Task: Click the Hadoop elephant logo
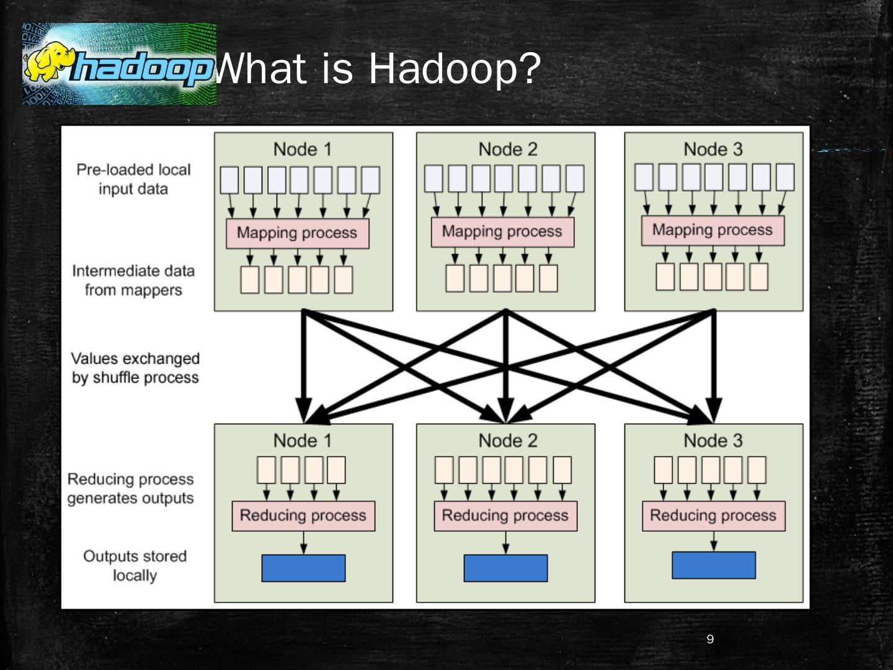point(119,64)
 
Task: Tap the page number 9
point(710,640)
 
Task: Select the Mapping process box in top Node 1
point(297,233)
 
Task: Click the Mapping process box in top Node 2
point(502,232)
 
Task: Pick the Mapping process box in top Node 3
point(713,230)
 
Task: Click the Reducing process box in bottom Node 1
point(303,516)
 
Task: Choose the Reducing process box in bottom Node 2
point(505,516)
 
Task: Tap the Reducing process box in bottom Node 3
point(713,516)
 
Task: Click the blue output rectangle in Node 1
point(303,568)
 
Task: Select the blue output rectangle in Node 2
point(505,568)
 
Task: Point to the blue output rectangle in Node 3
point(713,565)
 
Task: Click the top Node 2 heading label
point(508,150)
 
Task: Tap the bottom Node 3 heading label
point(713,441)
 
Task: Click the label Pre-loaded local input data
point(133,179)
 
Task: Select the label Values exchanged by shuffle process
point(135,368)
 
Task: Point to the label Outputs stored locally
point(135,565)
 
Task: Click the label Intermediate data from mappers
point(133,280)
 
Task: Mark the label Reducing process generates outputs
point(131,489)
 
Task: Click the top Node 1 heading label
point(303,150)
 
